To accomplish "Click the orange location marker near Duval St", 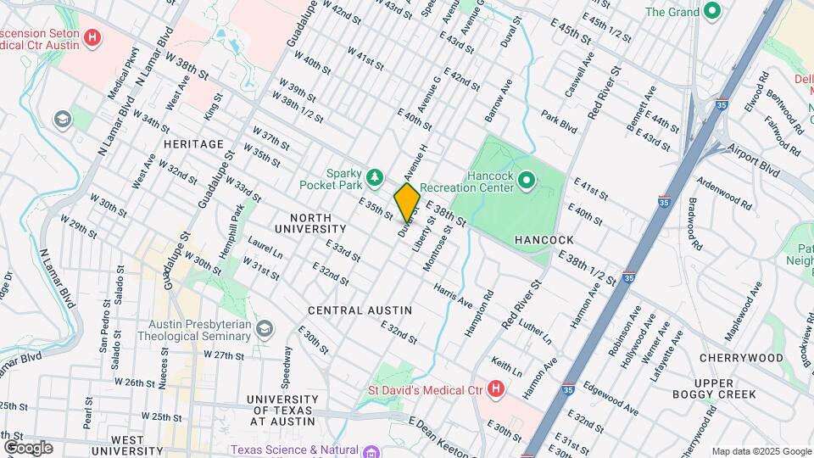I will [407, 202].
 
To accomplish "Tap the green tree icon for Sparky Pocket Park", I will [375, 177].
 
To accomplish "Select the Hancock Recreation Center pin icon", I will [525, 179].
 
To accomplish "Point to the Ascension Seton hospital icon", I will [93, 37].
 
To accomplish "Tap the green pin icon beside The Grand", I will [712, 12].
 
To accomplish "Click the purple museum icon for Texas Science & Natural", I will [371, 451].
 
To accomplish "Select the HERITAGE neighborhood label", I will [193, 145].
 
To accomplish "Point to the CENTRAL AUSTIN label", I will [360, 310].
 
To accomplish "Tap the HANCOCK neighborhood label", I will [544, 241].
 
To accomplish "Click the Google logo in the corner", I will [27, 447].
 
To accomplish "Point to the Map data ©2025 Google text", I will [760, 451].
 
